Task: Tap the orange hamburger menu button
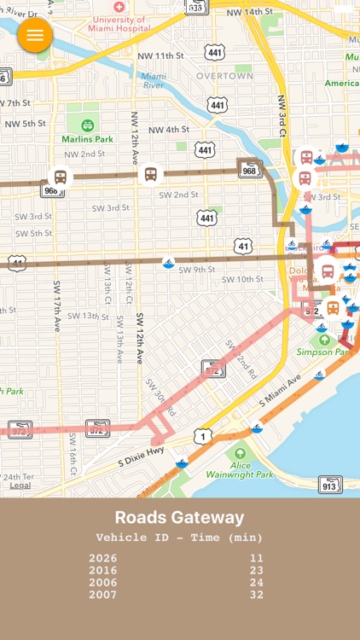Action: (35, 35)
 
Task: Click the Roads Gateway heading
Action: (179, 517)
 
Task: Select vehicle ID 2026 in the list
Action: (103, 558)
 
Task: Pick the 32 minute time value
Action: (257, 595)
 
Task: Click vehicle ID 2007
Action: (103, 595)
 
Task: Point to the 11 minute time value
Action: (257, 558)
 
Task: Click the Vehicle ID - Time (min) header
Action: (179, 538)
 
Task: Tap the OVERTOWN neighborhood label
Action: (224, 76)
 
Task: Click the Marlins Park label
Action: (87, 138)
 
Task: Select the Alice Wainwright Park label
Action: (240, 469)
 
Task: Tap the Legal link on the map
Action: (20, 486)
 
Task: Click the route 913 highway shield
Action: (330, 485)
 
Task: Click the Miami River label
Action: (154, 81)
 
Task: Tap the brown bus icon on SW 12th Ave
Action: (150, 174)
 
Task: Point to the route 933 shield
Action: (195, 8)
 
